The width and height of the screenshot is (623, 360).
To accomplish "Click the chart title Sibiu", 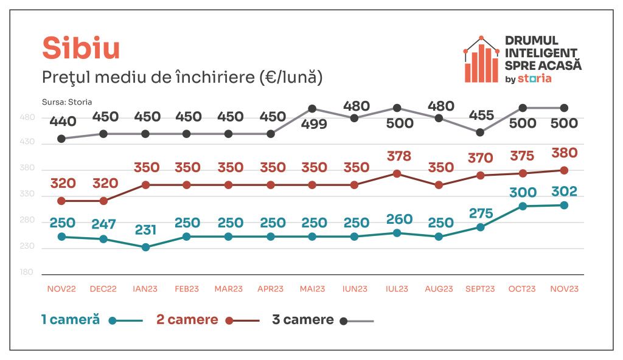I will (81, 49).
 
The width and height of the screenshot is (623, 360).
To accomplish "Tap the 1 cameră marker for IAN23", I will (145, 247).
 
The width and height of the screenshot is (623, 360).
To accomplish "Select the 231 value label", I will (145, 230).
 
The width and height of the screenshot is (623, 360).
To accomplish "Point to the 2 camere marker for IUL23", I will (397, 173).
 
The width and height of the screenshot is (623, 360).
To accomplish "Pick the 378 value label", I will (399, 157).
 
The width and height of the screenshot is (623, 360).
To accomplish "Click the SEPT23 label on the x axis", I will (480, 289).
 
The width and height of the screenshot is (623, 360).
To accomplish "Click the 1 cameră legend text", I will (70, 320).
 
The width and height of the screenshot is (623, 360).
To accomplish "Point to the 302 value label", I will (565, 191).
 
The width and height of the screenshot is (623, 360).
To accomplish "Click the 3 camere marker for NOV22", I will (61, 139).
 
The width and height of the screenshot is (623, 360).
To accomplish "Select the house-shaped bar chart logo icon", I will (481, 60).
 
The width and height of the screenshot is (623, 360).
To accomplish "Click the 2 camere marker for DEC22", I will (103, 201).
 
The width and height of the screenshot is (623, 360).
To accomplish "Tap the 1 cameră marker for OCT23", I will (522, 206).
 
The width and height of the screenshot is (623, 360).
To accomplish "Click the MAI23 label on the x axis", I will (312, 289).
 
